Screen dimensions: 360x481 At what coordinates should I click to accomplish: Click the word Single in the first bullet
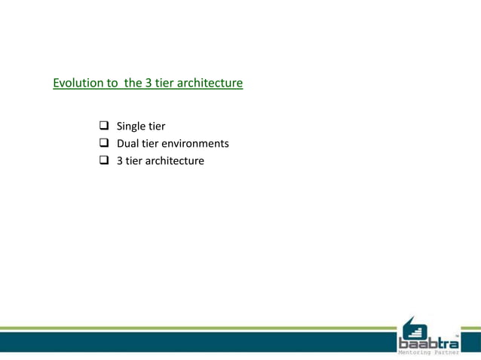(131, 126)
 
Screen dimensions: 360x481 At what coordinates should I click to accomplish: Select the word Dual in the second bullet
(128, 143)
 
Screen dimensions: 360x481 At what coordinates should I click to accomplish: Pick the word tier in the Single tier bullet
(157, 126)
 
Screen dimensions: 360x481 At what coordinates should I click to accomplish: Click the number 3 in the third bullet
(119, 160)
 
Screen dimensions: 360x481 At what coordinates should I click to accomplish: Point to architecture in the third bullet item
(174, 160)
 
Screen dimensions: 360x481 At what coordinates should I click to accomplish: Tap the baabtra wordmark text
(428, 343)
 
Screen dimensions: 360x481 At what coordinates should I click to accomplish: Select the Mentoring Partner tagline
(428, 354)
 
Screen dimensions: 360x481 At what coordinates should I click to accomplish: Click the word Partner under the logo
(445, 354)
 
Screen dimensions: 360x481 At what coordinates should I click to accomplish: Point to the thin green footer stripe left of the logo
(196, 328)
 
